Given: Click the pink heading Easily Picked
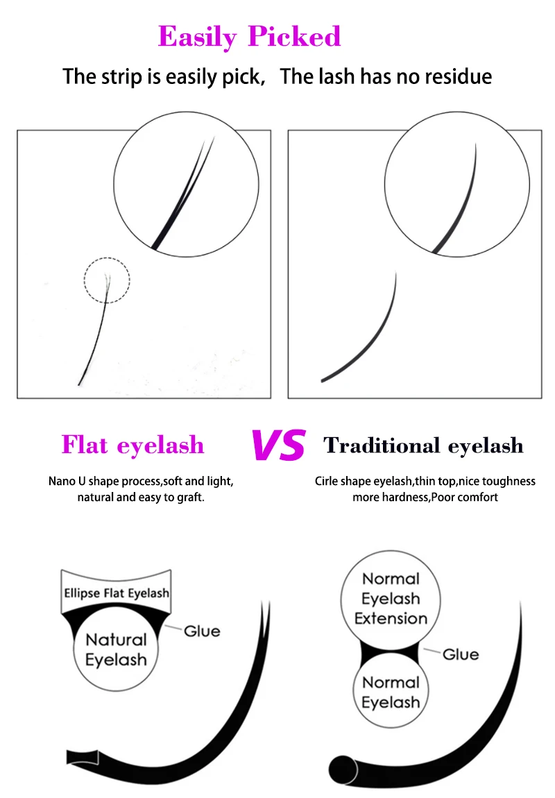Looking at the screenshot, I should click(x=250, y=36).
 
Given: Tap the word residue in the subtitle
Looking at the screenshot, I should click(x=454, y=76).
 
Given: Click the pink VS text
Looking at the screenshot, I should click(x=277, y=445).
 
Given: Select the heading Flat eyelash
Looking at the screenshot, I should click(x=133, y=445).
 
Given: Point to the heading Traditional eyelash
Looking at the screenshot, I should click(x=423, y=445).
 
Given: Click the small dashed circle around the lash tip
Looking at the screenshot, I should click(x=107, y=280).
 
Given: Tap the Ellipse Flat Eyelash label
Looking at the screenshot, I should click(x=117, y=593).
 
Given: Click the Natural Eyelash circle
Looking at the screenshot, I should click(x=116, y=650).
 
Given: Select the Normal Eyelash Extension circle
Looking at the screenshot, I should click(x=391, y=598).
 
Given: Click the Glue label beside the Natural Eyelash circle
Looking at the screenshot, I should click(x=202, y=631).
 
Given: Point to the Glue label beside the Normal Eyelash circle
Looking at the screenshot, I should click(x=461, y=654).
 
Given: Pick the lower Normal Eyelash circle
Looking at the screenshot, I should click(x=391, y=693).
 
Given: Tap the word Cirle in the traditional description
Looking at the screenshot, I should click(x=329, y=481).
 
